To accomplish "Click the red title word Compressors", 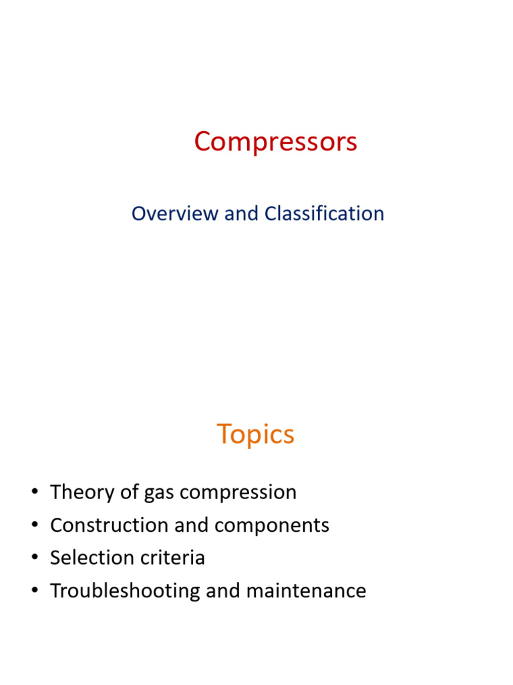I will click(275, 142).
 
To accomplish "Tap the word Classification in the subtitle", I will click(324, 213).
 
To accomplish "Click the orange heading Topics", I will click(255, 435).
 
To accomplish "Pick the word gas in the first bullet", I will click(160, 493).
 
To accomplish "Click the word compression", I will click(238, 493).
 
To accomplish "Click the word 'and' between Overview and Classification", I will click(241, 213).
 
